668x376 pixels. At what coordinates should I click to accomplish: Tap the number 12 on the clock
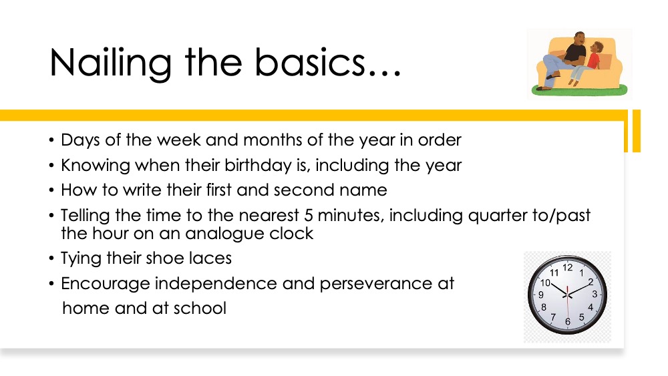point(567,267)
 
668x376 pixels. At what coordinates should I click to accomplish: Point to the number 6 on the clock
point(567,322)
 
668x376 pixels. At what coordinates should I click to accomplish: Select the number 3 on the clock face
point(595,295)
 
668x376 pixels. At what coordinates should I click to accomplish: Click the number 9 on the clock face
point(541,295)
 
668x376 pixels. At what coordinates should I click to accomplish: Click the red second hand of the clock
point(567,305)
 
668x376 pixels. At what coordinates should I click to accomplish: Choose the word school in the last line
point(199,309)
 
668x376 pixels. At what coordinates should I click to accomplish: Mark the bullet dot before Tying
point(51,258)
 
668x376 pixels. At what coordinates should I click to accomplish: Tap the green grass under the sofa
point(579,90)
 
